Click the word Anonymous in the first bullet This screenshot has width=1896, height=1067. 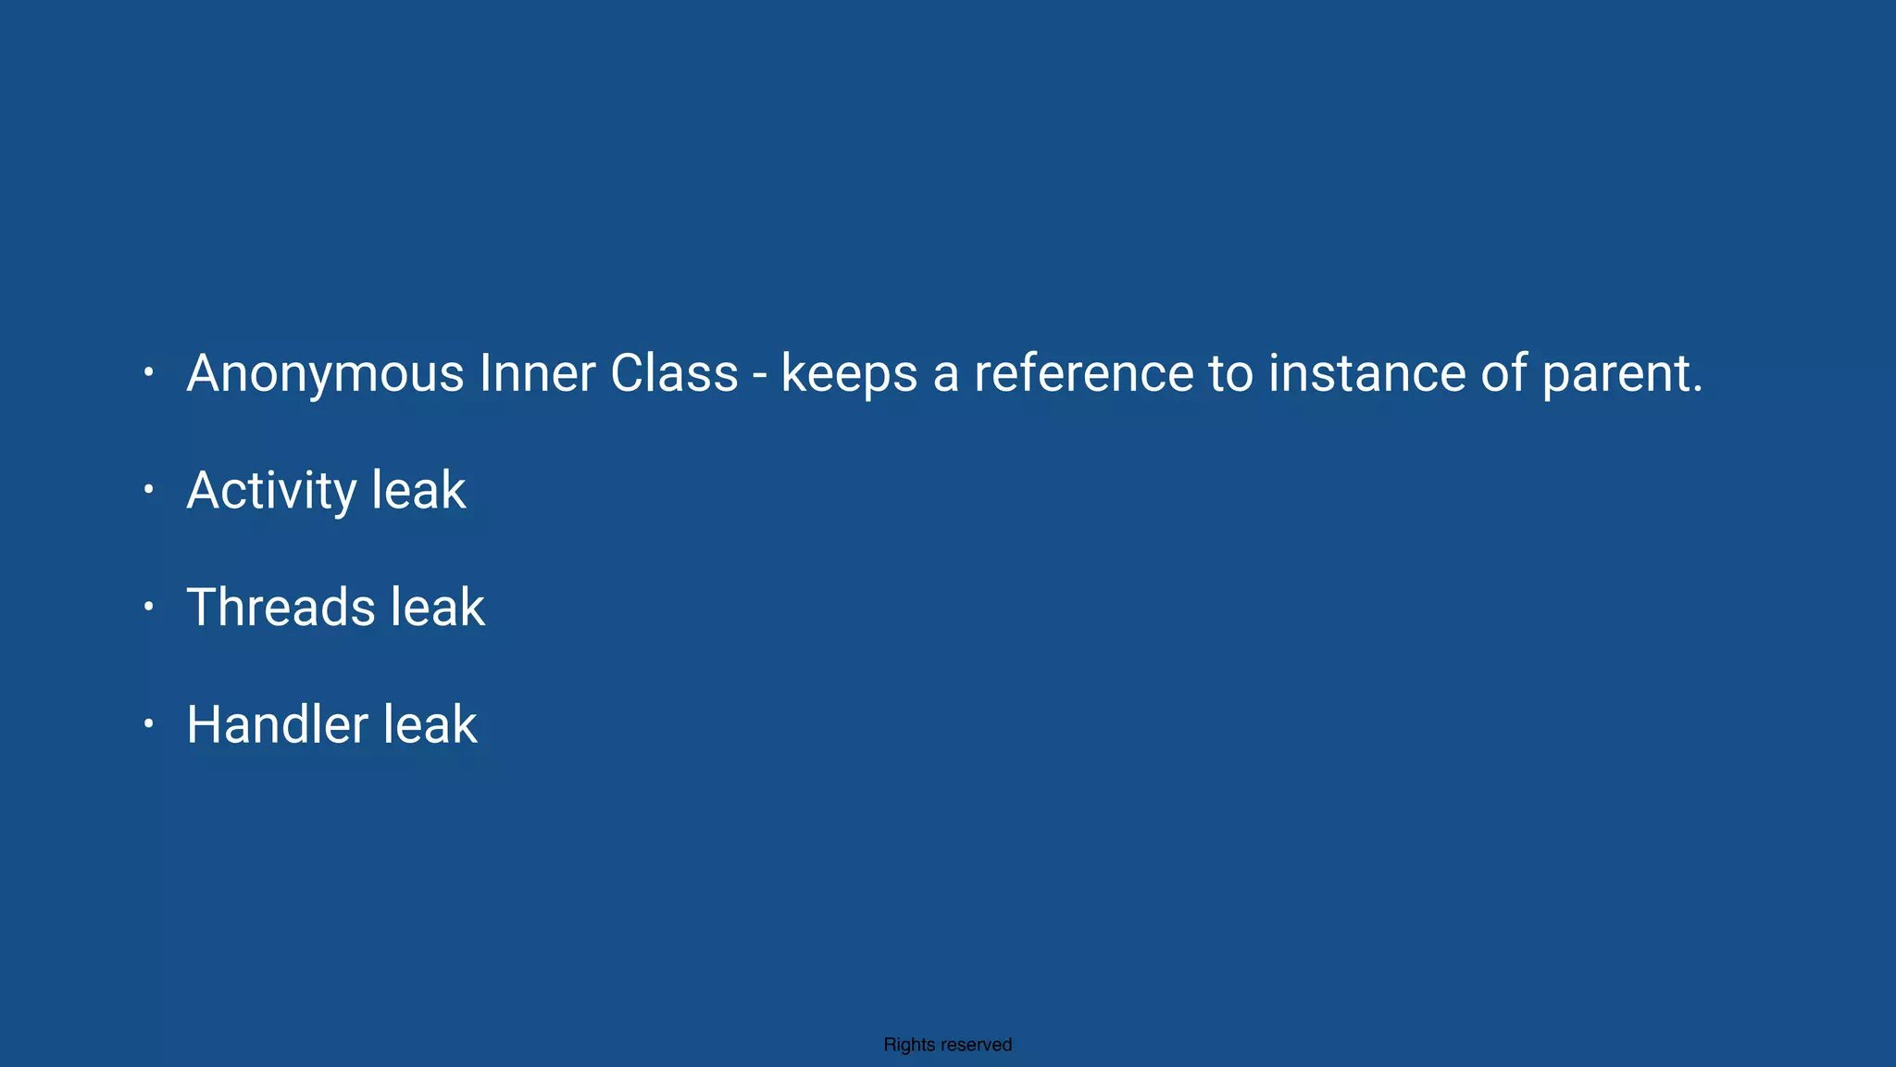325,374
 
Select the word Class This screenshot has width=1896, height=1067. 674,373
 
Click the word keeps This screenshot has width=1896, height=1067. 849,374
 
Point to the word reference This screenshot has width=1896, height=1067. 1083,373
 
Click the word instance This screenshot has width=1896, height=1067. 1366,373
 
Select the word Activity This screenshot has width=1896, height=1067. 271,491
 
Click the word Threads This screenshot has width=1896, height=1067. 281,608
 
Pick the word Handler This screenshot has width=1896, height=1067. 277,724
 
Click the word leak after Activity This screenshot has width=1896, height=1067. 418,491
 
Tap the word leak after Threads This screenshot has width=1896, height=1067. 437,608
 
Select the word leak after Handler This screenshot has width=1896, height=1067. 430,724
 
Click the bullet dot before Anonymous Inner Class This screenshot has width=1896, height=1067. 148,372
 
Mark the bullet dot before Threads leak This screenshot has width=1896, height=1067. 148,607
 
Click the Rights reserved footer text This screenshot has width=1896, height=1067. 947,1045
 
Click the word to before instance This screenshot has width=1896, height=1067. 1230,373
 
